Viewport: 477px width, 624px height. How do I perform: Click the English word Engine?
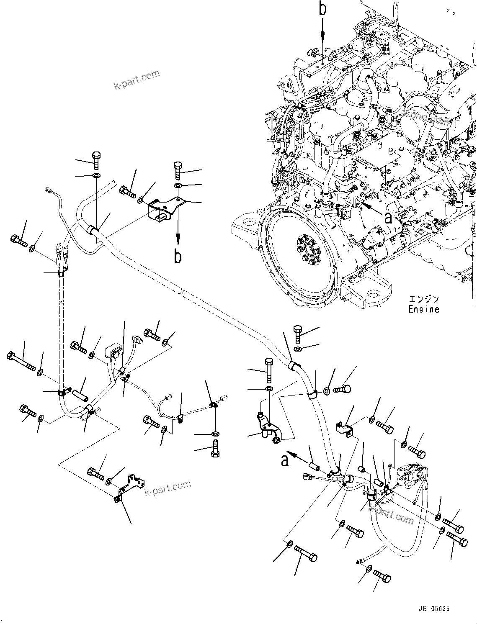(x=424, y=310)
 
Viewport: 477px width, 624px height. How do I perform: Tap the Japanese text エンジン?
(x=424, y=299)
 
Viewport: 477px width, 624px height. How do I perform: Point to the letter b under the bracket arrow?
(x=178, y=257)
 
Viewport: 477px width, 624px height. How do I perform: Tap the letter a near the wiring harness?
(x=285, y=460)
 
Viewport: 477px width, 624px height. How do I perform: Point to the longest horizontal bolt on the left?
(x=21, y=361)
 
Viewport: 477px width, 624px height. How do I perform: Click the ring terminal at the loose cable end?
(x=359, y=561)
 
